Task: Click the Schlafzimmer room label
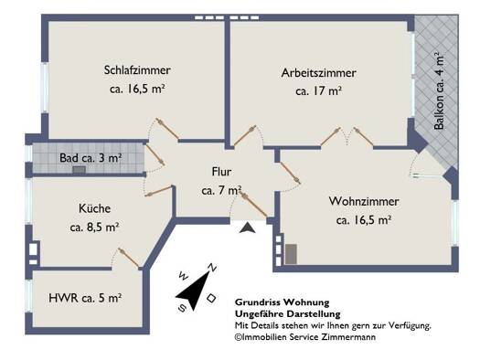coord(137,70)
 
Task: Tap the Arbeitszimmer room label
coord(319,73)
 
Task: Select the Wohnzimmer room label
coord(364,201)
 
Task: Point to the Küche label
coord(94,208)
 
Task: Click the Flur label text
coord(221,172)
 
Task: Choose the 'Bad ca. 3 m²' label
coord(91,158)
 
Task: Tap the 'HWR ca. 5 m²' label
coord(85,298)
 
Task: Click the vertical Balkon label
coord(439,90)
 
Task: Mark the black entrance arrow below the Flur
coord(248,228)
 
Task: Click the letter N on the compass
coord(212,268)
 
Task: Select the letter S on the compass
coord(182,308)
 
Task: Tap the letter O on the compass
coord(211,298)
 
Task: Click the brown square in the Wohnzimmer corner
coord(291,254)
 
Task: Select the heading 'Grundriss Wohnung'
coord(282,302)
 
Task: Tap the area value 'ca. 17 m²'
coord(319,91)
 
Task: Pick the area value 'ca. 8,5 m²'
coord(94,228)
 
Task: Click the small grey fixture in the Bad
coord(79,170)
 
